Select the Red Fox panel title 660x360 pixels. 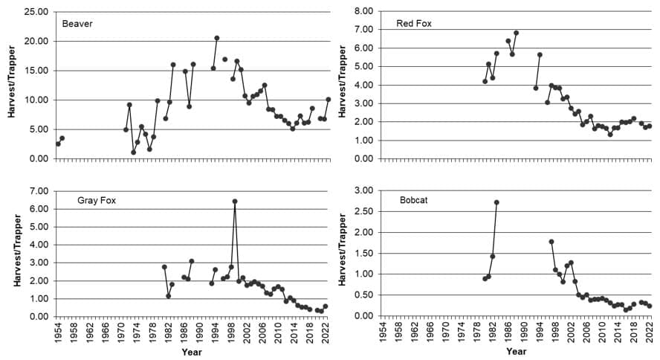[x=414, y=24]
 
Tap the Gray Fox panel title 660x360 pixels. [x=97, y=201]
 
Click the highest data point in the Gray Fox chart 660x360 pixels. [x=235, y=202]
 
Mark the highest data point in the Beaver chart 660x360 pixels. [x=217, y=38]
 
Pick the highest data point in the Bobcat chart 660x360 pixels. [x=496, y=202]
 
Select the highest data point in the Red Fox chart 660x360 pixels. [x=516, y=33]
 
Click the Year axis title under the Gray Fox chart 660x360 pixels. [x=192, y=353]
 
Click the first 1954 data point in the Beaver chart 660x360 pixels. [x=58, y=144]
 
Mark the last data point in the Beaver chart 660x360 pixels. [x=328, y=99]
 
